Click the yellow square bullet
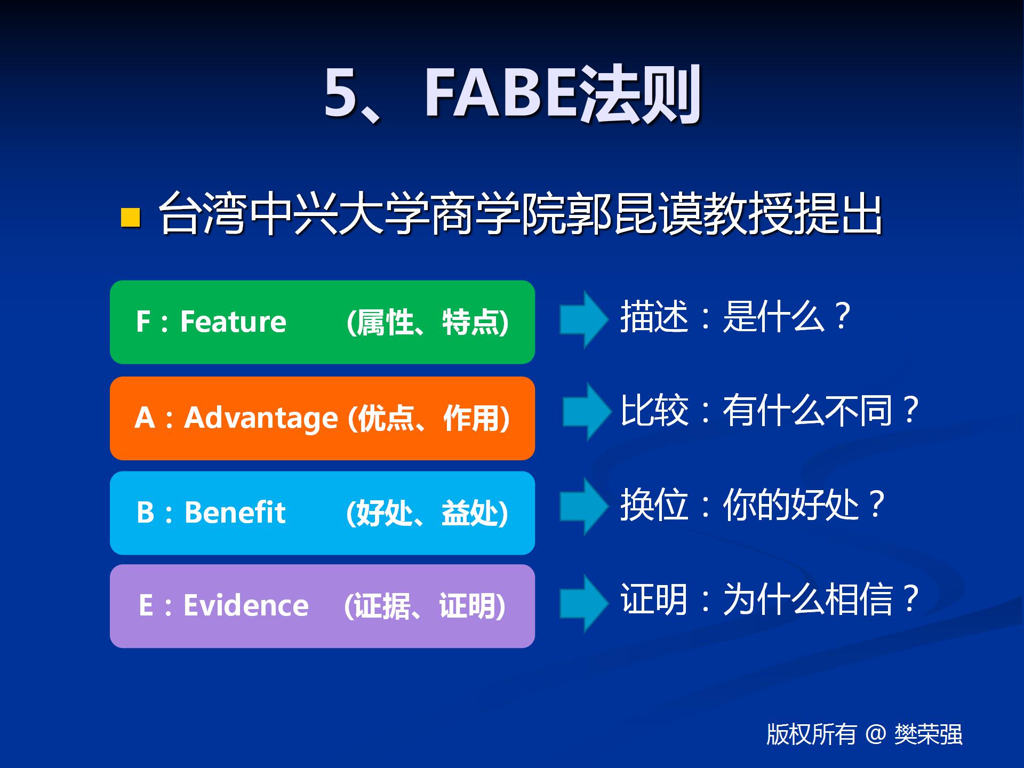point(131,218)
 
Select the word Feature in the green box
point(233,322)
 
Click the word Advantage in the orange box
point(261,418)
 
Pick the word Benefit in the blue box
point(235,513)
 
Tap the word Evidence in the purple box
point(246,606)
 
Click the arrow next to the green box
point(583,319)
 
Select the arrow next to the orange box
point(586,411)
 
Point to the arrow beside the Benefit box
point(583,506)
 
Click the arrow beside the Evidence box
point(583,603)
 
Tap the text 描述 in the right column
point(654,317)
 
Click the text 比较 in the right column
point(654,411)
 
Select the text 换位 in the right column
point(654,505)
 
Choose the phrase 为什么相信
point(807,599)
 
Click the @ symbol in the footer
point(875,734)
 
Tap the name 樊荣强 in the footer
point(929,734)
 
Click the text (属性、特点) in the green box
point(427,322)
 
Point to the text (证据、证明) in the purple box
point(425,606)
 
